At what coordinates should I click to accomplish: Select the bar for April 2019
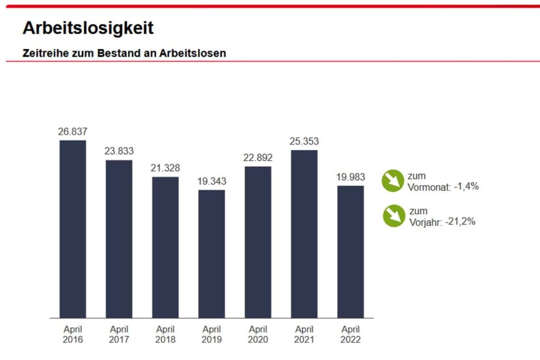211,253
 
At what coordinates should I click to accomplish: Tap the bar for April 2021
304,234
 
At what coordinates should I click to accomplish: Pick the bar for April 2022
350,251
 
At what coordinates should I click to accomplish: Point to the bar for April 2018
165,247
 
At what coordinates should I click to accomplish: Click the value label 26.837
73,132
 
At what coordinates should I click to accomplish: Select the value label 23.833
119,151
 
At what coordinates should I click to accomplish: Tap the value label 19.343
211,181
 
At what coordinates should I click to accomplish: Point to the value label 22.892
258,158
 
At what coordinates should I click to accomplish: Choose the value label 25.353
304,141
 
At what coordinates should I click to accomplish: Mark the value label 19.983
350,177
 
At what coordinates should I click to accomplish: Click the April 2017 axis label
119,335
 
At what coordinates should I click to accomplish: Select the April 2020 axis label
258,335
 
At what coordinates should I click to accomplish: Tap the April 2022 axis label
350,335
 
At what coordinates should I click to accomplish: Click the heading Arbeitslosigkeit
88,28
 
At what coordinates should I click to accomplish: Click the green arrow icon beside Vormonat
393,181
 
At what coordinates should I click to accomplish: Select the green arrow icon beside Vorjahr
394,216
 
